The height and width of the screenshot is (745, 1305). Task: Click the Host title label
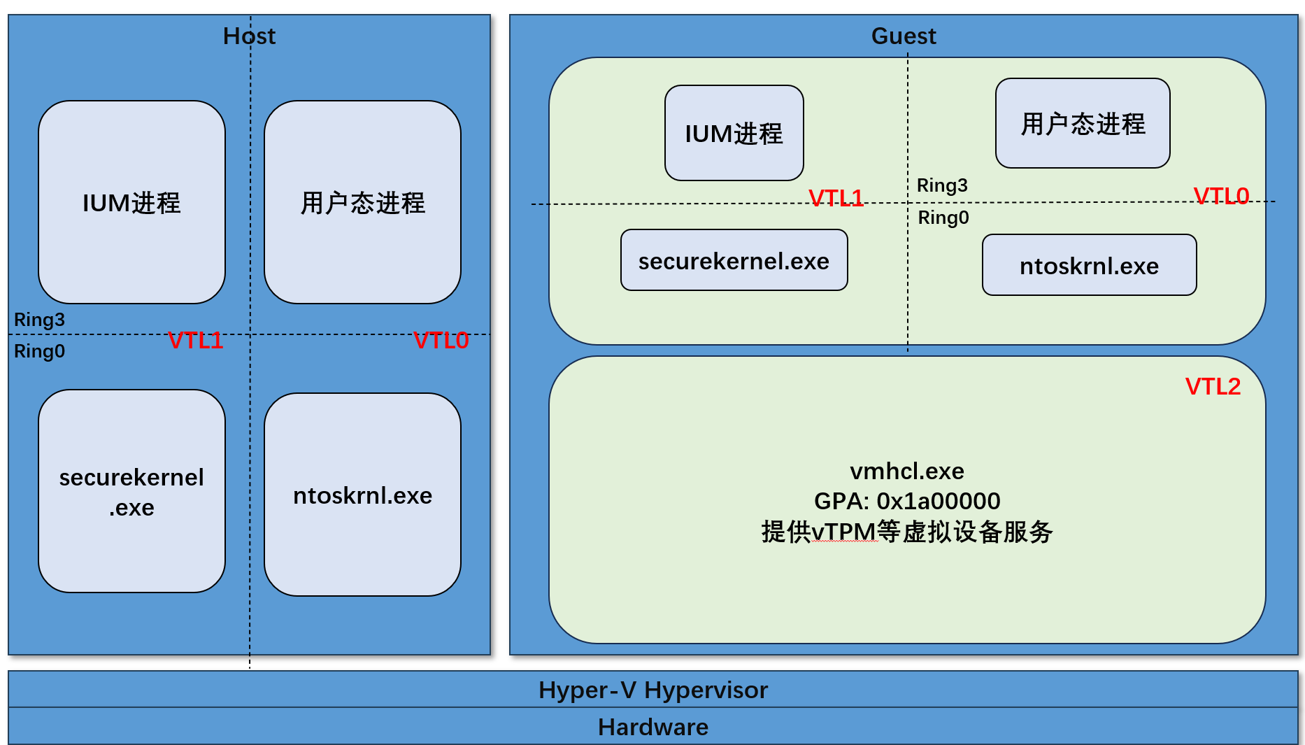[x=249, y=36]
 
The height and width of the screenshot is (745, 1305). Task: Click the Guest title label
[x=903, y=36]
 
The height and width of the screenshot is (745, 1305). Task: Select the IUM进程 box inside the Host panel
[x=131, y=202]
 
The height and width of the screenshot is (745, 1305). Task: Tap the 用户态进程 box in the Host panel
[x=362, y=202]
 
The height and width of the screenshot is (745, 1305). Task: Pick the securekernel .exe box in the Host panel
[x=131, y=491]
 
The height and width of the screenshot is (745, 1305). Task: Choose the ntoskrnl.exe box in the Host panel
[x=362, y=495]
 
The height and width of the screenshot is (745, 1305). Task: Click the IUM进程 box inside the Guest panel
[x=734, y=133]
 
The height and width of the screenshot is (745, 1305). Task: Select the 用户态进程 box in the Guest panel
[x=1083, y=123]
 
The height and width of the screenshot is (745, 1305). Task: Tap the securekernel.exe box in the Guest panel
[x=734, y=260]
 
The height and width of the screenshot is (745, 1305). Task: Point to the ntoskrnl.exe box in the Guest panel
[x=1089, y=265]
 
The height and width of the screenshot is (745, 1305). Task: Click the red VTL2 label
[x=1213, y=386]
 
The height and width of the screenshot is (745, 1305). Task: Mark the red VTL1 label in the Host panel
[x=196, y=341]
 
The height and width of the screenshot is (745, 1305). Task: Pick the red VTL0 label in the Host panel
[x=441, y=341]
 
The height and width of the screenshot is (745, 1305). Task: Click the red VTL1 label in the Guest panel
[x=836, y=198]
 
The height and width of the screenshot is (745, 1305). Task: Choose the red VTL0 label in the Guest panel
[x=1221, y=196]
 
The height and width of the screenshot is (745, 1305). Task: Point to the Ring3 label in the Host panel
[x=39, y=320]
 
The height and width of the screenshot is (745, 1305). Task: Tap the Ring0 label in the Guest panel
[x=943, y=218]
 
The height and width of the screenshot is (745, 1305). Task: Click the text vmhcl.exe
[x=907, y=471]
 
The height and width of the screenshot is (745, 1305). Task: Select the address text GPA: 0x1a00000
[x=907, y=501]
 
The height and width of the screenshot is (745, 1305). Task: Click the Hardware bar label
[x=652, y=727]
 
